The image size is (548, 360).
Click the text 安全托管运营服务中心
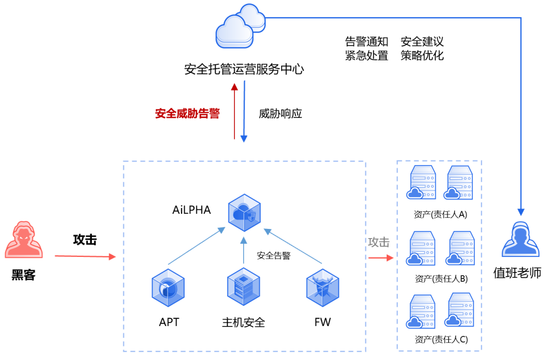pyautogui.click(x=244, y=69)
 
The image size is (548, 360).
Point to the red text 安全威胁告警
pyautogui.click(x=187, y=113)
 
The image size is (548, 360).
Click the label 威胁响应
pyautogui.click(x=281, y=113)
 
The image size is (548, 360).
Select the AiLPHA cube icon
pyautogui.click(x=245, y=212)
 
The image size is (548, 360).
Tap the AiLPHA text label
pyautogui.click(x=191, y=210)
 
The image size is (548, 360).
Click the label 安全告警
pyautogui.click(x=273, y=255)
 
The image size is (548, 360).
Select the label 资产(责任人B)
pyautogui.click(x=441, y=278)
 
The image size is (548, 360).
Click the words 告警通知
pyautogui.click(x=366, y=41)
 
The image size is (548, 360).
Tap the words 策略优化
pyautogui.click(x=422, y=55)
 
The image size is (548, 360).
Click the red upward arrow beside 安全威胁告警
pyautogui.click(x=234, y=112)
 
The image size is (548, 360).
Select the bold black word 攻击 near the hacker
pyautogui.click(x=85, y=240)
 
